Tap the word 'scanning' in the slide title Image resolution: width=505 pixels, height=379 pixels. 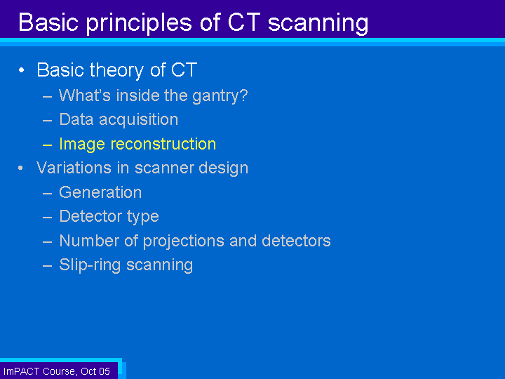[318, 24]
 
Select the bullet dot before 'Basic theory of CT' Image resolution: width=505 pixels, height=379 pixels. [22, 70]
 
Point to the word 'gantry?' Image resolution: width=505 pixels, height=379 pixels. [220, 96]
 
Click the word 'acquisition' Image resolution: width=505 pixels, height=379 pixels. [138, 120]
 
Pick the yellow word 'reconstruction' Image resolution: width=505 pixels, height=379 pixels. [163, 144]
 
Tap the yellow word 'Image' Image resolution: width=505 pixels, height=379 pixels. [82, 145]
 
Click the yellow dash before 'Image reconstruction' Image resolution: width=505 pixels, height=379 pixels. [48, 145]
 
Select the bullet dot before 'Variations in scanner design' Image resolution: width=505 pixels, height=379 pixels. [21, 168]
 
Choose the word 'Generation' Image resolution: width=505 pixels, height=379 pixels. [100, 192]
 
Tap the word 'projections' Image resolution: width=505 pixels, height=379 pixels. [184, 241]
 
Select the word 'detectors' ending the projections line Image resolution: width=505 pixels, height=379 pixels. [296, 241]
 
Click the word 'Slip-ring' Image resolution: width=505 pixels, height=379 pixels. [90, 265]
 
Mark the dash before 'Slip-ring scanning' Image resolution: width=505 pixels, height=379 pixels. [48, 266]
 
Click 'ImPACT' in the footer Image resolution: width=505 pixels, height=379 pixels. [21, 371]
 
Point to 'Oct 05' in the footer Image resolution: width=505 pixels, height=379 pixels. [95, 371]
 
